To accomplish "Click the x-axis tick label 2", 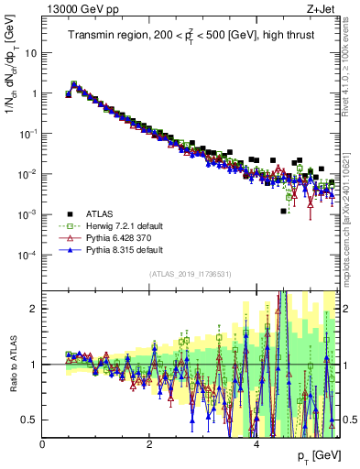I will coord(149,444).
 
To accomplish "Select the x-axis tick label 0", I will coord(43,444).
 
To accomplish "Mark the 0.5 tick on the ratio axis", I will coord(30,420).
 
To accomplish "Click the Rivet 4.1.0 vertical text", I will coord(350,69).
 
